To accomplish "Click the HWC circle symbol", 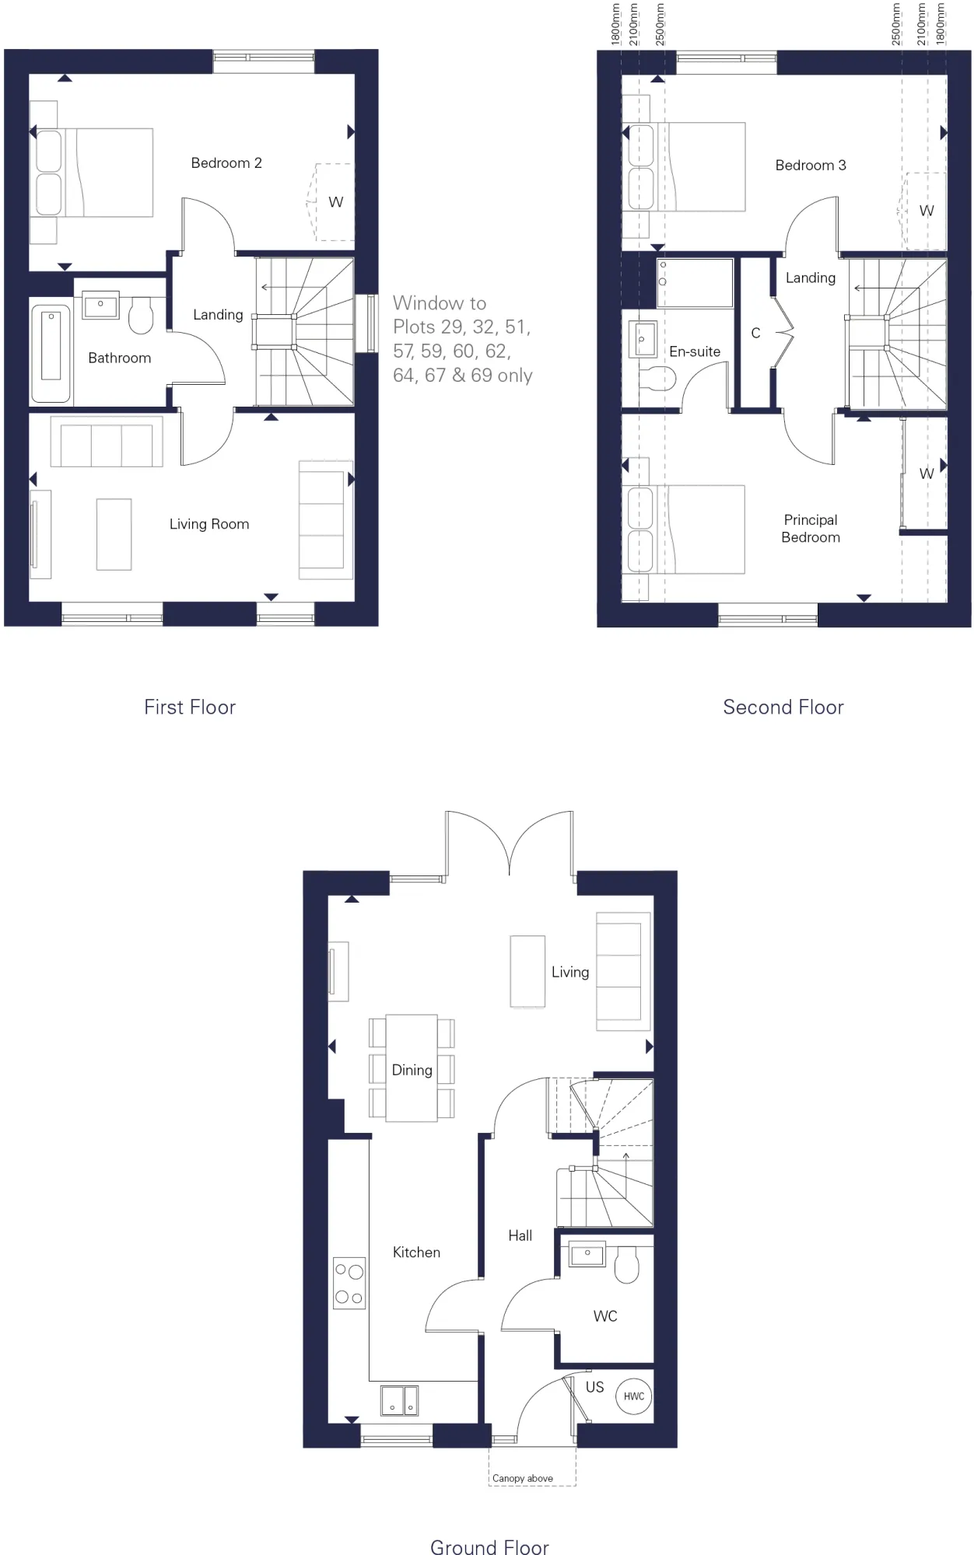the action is click(634, 1396).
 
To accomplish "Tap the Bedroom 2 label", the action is click(226, 162).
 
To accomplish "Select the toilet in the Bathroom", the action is click(141, 315).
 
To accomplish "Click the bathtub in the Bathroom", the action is click(51, 353).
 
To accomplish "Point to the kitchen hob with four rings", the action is click(349, 1283).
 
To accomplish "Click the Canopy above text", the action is click(523, 1478).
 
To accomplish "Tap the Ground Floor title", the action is click(490, 1546).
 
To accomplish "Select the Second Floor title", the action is click(783, 707).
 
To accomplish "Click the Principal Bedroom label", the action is click(811, 528).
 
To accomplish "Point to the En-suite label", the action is click(695, 351).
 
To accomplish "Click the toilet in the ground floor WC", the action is click(627, 1265).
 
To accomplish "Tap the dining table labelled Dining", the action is click(412, 1068).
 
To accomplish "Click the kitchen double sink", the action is click(400, 1400).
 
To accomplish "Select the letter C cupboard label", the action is click(755, 333).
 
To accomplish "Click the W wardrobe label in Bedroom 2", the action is click(335, 202).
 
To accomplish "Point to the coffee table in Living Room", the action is click(114, 534).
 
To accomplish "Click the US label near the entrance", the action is click(595, 1387).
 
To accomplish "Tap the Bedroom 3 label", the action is click(811, 165).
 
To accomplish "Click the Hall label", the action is click(520, 1235).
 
